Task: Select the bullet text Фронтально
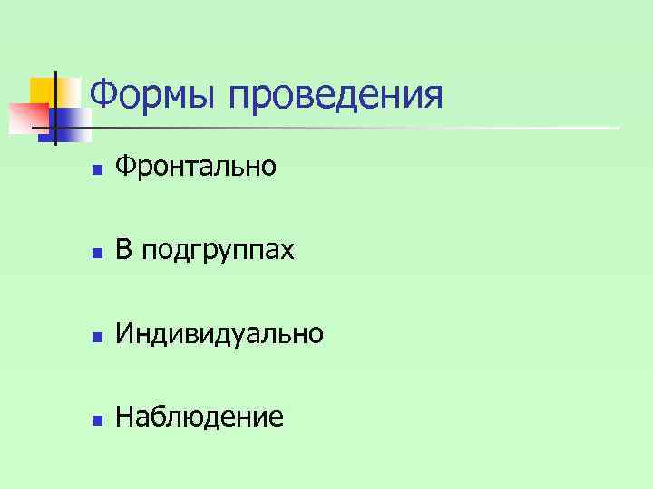coord(196,166)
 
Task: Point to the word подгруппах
coord(217,251)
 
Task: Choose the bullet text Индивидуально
coord(219,334)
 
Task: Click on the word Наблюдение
coord(200,417)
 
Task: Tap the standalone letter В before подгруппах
coord(124,249)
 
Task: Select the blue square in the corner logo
coord(73,125)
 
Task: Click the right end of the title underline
coord(619,127)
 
